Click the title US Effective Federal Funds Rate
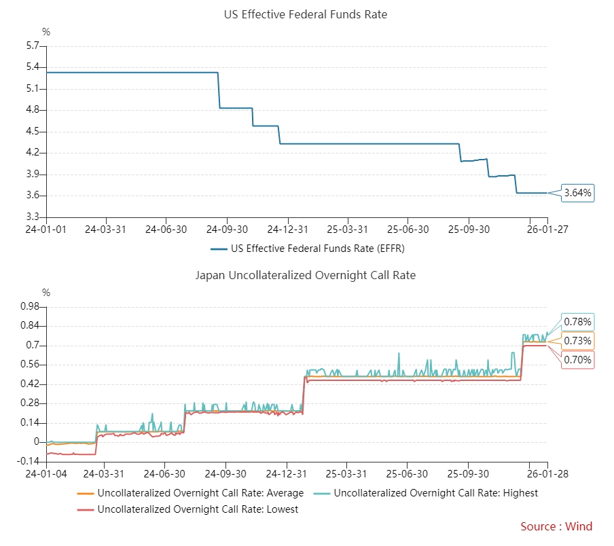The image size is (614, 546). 306,14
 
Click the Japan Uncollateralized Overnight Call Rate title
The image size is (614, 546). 306,275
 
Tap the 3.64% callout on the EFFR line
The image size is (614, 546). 578,194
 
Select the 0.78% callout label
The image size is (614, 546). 578,322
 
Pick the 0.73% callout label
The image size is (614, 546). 578,341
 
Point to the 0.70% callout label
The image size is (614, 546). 578,360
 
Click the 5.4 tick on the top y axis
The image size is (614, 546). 32,67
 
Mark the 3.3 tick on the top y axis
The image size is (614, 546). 32,217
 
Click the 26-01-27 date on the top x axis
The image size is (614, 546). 547,230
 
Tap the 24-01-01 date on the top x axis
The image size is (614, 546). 46,230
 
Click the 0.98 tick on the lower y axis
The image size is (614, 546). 30,307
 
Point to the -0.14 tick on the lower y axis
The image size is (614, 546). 29,462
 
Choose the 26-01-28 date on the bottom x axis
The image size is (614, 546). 547,474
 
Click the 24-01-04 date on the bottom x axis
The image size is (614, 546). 46,474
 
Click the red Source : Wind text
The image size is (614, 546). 556,526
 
